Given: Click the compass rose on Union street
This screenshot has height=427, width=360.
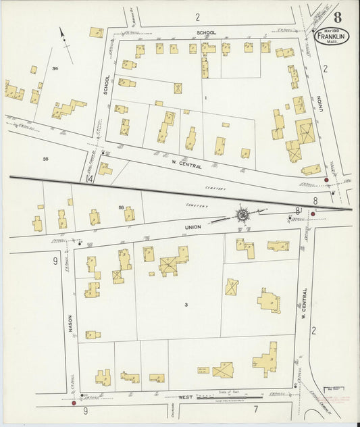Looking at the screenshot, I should point(242,215).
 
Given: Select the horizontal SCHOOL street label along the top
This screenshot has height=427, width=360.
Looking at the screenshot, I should point(206,32).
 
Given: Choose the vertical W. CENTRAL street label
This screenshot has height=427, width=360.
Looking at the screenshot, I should point(304,305).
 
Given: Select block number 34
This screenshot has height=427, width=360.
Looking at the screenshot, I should point(55,68).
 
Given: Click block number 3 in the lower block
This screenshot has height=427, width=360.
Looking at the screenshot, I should point(184,305).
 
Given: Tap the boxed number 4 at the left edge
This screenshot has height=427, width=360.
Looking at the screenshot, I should point(90,179).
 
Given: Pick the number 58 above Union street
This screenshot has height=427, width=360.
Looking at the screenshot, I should point(122,207).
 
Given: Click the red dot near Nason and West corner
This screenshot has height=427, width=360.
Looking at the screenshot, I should point(74,403).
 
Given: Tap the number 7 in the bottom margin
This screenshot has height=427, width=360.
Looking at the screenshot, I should point(256,409).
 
